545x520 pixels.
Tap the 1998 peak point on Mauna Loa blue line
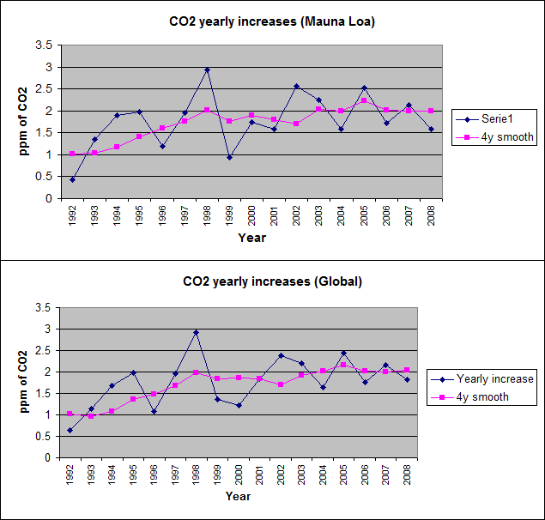pyautogui.click(x=207, y=70)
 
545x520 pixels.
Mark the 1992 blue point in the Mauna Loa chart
pyautogui.click(x=72, y=179)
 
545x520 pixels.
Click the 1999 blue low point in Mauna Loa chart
pyautogui.click(x=229, y=157)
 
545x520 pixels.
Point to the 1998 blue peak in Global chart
pyautogui.click(x=197, y=332)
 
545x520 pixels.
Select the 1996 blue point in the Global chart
pyautogui.click(x=154, y=411)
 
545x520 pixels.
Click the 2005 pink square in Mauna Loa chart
pyautogui.click(x=364, y=100)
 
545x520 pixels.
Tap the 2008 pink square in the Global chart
pyautogui.click(x=406, y=370)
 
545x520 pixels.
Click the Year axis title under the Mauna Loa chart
pyautogui.click(x=251, y=238)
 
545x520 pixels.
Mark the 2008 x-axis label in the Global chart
pyautogui.click(x=407, y=475)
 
